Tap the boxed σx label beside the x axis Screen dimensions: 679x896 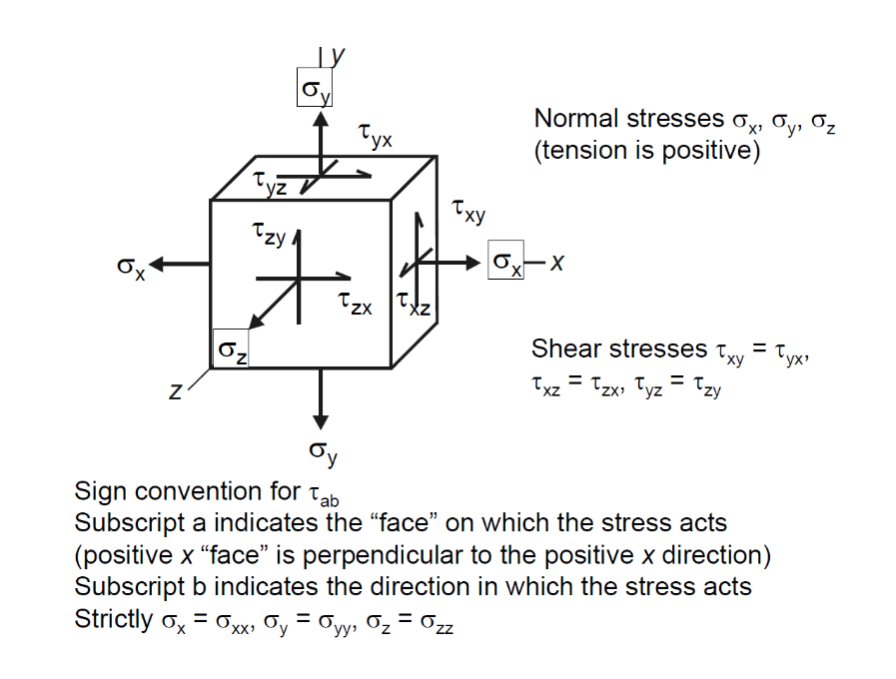tap(506, 263)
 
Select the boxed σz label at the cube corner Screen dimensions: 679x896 tap(233, 351)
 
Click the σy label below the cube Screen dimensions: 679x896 tap(323, 453)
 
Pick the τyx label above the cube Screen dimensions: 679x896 tap(375, 136)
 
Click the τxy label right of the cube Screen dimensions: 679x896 tap(468, 211)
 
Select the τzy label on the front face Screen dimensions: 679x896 tap(269, 236)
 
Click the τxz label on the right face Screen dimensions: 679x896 tap(413, 303)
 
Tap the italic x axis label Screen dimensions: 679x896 tap(558, 263)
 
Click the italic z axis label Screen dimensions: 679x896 tap(175, 393)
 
